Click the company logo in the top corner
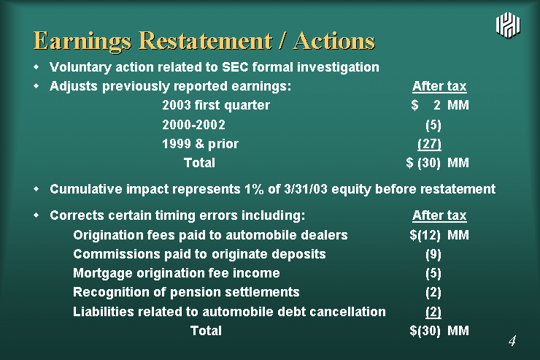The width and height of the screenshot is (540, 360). click(x=509, y=25)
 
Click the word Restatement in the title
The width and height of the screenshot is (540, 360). click(x=206, y=41)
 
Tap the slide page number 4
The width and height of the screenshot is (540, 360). click(x=512, y=341)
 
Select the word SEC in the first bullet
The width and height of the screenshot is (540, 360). click(x=235, y=67)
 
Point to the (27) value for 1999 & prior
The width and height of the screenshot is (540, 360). click(x=429, y=144)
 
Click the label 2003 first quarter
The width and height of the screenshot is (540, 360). click(x=216, y=105)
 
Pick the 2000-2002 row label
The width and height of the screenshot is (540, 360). click(x=193, y=124)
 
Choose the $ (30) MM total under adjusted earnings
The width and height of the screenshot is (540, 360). click(x=437, y=163)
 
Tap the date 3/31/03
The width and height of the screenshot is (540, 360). click(x=306, y=189)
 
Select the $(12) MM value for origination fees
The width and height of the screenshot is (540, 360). click(x=439, y=235)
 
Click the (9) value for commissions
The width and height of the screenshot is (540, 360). click(x=433, y=254)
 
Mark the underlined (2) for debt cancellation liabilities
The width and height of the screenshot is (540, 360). click(x=433, y=312)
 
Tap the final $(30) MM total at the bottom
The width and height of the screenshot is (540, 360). click(x=439, y=331)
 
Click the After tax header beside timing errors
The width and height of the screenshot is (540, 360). click(x=439, y=215)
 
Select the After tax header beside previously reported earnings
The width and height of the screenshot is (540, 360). click(x=439, y=86)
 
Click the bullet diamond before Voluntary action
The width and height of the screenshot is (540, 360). click(x=36, y=67)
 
